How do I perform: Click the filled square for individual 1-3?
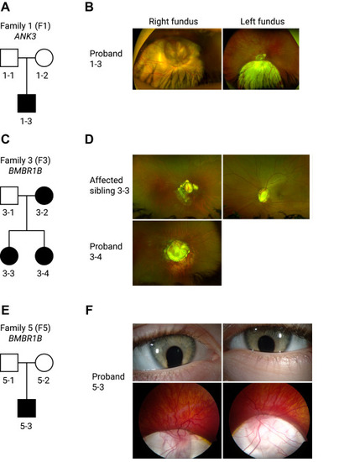pos(27,103)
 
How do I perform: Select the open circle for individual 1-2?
pos(44,58)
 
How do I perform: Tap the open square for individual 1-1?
pos(9,58)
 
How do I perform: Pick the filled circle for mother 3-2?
pos(44,196)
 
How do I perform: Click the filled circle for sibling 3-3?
pos(9,256)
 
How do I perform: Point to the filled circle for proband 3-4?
pos(44,256)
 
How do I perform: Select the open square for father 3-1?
pos(9,196)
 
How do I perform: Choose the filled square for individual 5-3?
pos(27,408)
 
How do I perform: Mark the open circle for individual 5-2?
pos(44,363)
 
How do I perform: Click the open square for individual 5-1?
pos(9,363)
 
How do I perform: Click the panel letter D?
pos(89,139)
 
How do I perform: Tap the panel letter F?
pos(89,310)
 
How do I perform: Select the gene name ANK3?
pos(25,36)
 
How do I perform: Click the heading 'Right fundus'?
pos(174,22)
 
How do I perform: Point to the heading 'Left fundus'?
pos(263,22)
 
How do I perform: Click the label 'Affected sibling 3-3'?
pos(109,186)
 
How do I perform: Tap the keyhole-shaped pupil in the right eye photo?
pos(175,356)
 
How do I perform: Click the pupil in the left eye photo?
pos(266,344)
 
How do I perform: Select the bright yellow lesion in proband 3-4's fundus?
pos(176,251)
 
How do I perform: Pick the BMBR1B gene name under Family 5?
pos(25,339)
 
